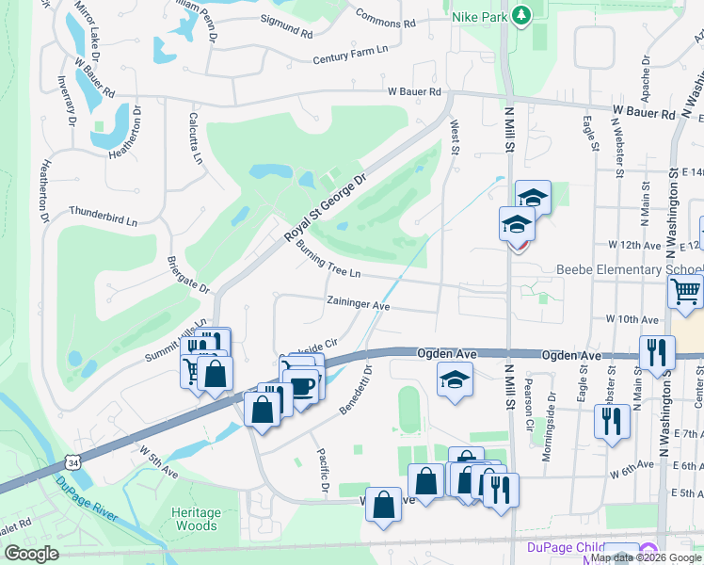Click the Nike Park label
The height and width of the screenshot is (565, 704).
[x=476, y=15]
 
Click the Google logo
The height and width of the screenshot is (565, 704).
[x=32, y=554]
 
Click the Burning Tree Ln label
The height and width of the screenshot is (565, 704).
[x=328, y=259]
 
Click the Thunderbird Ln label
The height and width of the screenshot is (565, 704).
[x=104, y=217]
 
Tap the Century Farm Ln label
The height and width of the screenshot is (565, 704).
[x=351, y=59]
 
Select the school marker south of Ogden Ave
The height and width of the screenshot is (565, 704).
[x=456, y=379]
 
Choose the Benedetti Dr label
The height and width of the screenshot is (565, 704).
[x=357, y=388]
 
